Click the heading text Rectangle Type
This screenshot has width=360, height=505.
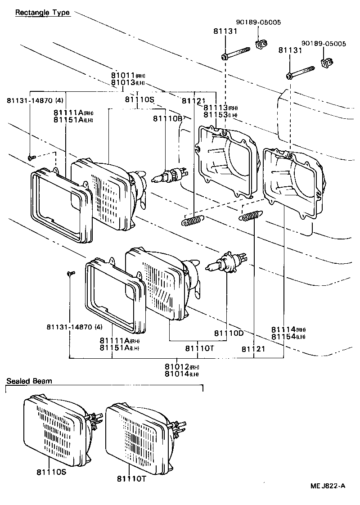click(x=42, y=13)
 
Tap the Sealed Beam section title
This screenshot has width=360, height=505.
click(x=29, y=381)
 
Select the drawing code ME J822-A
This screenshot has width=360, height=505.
click(x=328, y=486)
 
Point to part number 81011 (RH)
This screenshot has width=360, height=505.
click(x=129, y=76)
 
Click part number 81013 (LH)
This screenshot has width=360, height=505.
click(x=129, y=83)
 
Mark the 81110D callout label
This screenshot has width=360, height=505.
click(x=229, y=333)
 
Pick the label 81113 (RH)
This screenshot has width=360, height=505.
click(x=220, y=108)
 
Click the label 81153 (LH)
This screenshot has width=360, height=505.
click(x=220, y=115)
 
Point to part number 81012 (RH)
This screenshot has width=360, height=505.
click(x=181, y=367)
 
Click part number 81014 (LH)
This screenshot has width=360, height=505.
click(x=181, y=374)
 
